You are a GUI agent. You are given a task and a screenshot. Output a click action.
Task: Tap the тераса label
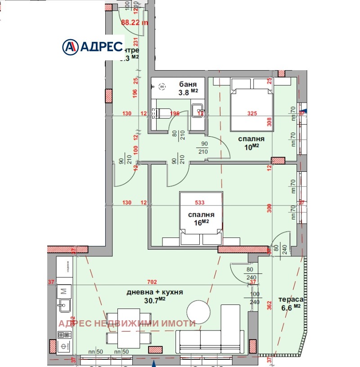tap(291, 300)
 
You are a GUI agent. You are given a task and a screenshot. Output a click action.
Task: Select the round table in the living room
tap(198, 312)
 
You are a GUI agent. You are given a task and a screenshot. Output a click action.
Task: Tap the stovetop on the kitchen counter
tap(64, 335)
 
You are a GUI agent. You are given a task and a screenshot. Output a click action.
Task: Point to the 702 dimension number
tap(151, 282)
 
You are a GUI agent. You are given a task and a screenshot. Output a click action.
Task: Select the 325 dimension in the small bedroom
tap(252, 113)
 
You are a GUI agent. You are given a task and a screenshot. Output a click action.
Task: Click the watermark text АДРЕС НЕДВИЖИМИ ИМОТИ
tap(127, 323)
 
